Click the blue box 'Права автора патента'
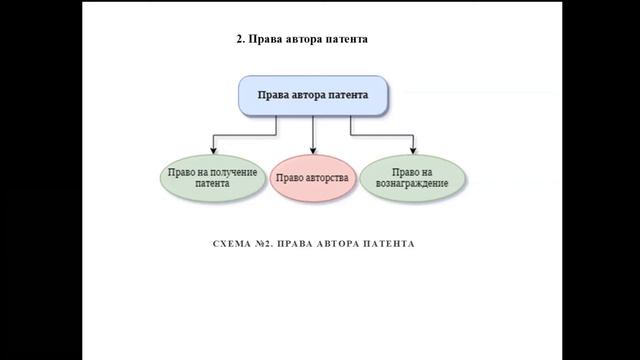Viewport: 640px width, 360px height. tap(313, 96)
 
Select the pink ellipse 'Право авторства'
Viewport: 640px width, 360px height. tap(313, 178)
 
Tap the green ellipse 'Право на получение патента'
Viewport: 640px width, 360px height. tap(212, 178)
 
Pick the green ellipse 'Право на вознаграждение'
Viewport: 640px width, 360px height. tap(412, 178)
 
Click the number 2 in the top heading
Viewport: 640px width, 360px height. tap(239, 40)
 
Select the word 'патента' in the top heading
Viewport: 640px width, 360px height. tap(346, 40)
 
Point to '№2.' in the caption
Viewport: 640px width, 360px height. tap(266, 244)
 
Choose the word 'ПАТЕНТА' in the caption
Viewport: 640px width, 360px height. tap(386, 244)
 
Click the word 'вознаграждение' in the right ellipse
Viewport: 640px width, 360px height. tap(413, 184)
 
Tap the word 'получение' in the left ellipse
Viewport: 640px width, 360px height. tap(228, 172)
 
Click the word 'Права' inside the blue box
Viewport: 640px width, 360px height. tap(274, 96)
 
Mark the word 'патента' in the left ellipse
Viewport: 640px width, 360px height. tap(212, 184)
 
